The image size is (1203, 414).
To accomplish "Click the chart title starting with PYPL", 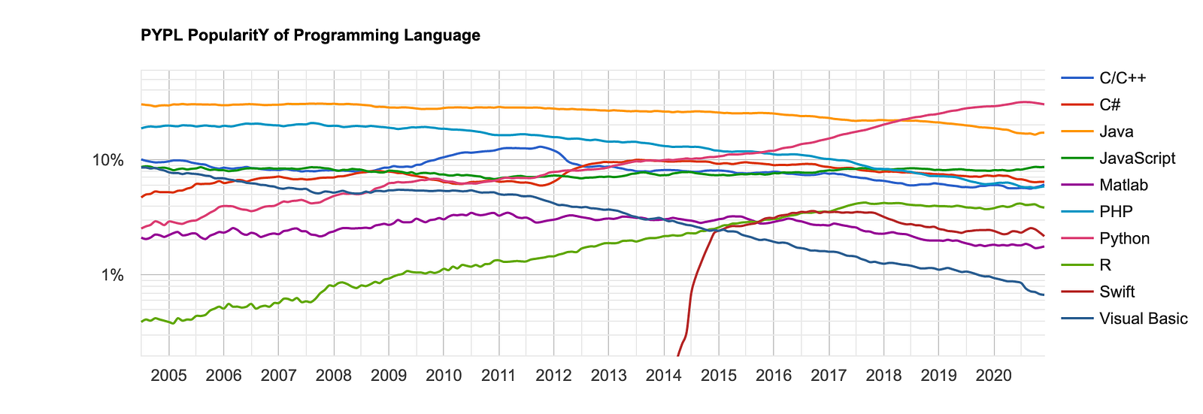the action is pos(311,35).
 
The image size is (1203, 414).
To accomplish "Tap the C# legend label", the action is pos(1110,104).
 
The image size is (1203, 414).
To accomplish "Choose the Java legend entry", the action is pos(1116,131).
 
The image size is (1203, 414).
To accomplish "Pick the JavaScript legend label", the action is pos(1138,159).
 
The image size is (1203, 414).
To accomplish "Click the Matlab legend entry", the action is pos(1123,186).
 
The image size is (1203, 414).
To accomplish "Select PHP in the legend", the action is pos(1116,212).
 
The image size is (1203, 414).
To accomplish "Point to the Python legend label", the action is pos(1125,238).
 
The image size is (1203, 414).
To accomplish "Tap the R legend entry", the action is pos(1105,265).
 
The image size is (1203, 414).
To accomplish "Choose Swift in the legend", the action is pos(1117,292).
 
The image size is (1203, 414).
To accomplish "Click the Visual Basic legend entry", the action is pos(1144,319).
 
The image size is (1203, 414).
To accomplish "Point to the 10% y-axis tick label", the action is pos(108,160).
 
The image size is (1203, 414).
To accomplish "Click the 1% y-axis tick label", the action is pos(112,275).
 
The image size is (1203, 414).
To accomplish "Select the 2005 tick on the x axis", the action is pos(168,376).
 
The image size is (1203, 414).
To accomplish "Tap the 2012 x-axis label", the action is pos(553,376).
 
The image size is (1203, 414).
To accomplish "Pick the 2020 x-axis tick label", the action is pos(993,376).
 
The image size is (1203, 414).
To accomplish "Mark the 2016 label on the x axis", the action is pos(774,376).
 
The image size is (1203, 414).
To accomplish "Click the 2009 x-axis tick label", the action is pos(389,376).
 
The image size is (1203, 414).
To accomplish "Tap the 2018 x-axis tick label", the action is pos(884,376).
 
